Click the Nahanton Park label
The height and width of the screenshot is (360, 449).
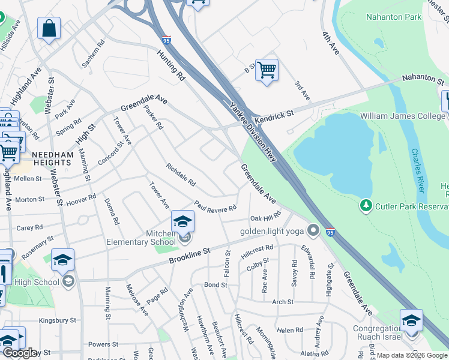point(393,17)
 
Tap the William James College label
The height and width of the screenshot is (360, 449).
point(403,115)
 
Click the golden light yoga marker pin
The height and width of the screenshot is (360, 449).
point(312,230)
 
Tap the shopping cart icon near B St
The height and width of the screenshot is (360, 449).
point(267,70)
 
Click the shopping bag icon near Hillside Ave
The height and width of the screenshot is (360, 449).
point(49,28)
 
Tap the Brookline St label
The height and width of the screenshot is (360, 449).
point(190,256)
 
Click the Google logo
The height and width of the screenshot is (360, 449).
point(20,353)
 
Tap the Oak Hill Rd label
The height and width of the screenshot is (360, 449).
point(265,217)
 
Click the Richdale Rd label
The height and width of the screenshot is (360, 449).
point(181,174)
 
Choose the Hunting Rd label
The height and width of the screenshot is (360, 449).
point(171,66)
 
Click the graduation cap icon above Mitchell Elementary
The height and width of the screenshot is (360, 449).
point(182,221)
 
